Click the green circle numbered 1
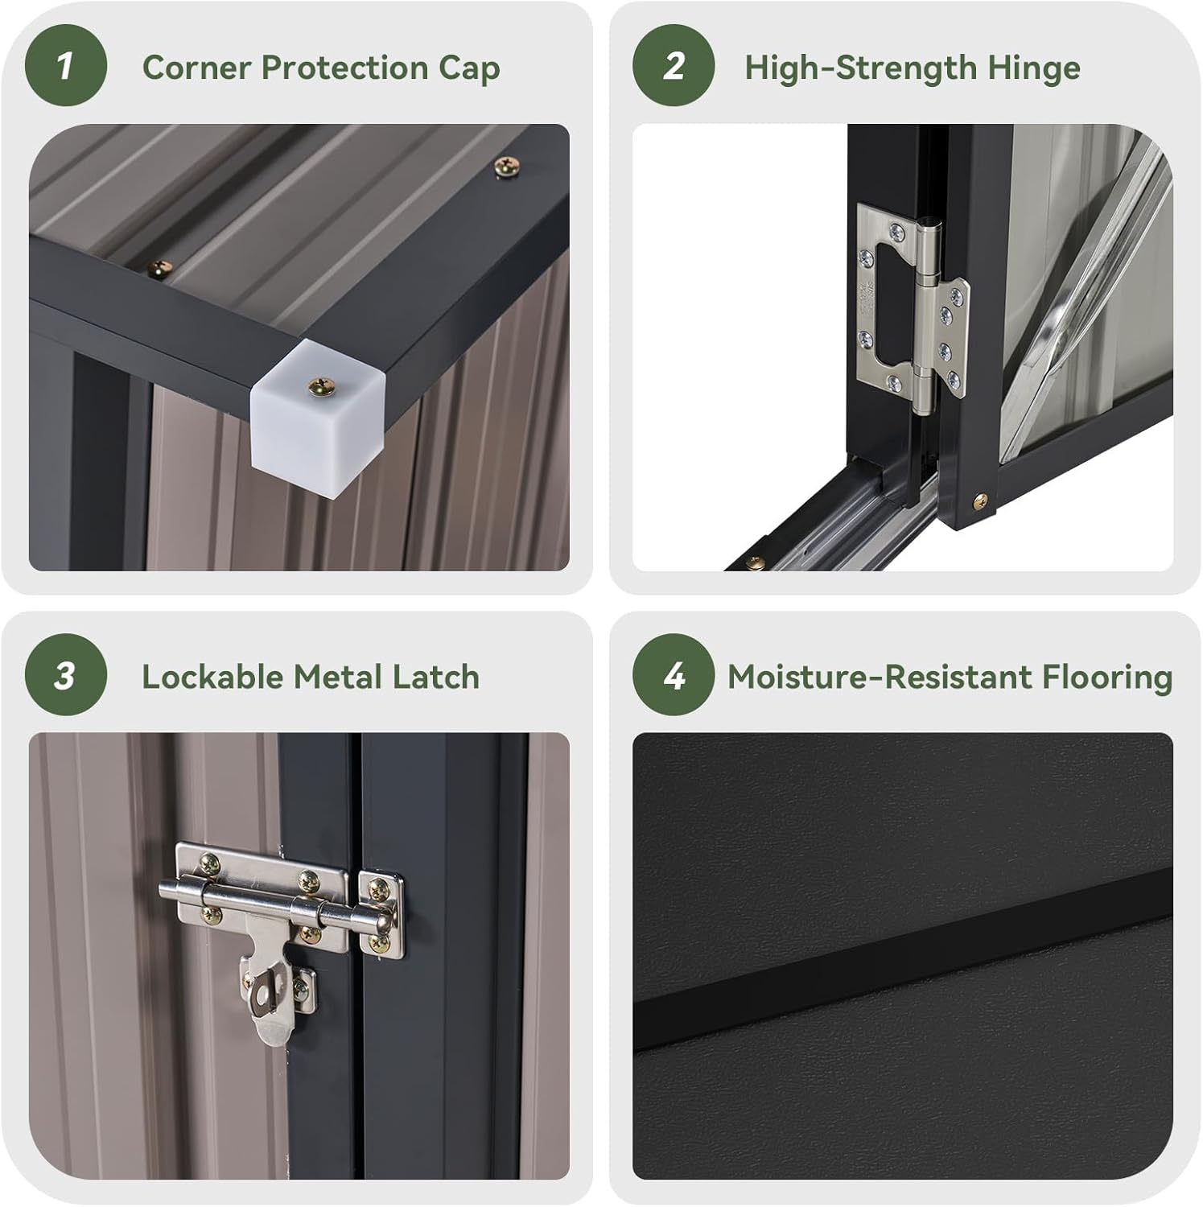65,66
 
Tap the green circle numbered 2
674,66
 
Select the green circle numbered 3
65,675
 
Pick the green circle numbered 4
674,675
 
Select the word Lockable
212,677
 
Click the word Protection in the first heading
345,68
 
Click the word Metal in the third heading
336,677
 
